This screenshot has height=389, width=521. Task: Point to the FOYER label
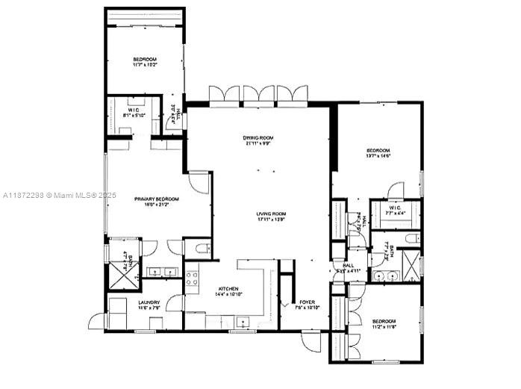(308, 303)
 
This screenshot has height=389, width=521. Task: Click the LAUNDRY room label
(149, 304)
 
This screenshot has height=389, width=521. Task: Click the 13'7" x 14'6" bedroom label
(377, 152)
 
